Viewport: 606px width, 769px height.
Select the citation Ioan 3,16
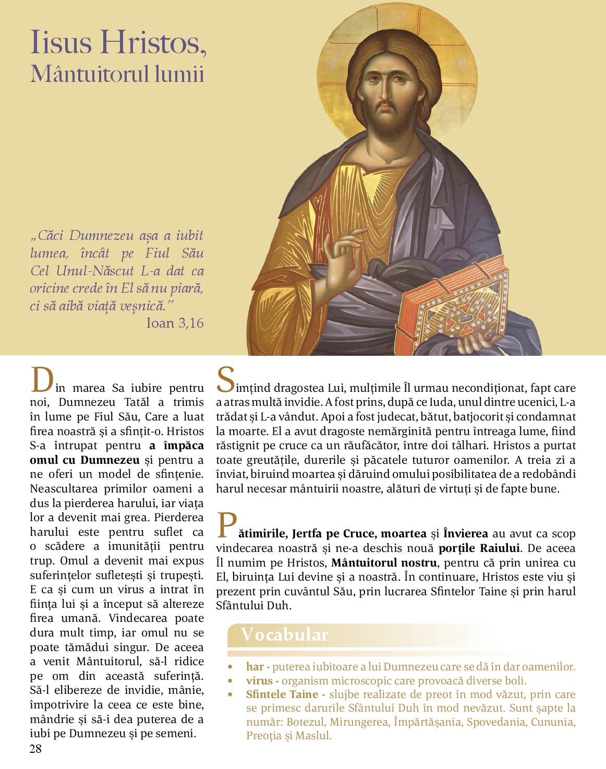point(175,323)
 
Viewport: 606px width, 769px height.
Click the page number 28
point(35,749)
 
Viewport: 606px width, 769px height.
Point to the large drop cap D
point(42,380)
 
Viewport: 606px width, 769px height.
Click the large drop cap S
point(225,379)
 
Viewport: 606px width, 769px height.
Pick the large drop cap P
point(226,525)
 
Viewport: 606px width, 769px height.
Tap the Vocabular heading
point(285,635)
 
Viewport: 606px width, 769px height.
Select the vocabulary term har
point(255,667)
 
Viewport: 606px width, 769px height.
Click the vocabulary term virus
point(259,681)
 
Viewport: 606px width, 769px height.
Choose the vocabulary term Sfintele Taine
point(282,694)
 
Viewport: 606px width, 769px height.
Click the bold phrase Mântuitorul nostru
point(384,563)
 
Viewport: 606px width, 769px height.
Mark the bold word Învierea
point(465,534)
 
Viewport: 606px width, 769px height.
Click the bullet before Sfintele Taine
point(230,695)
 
